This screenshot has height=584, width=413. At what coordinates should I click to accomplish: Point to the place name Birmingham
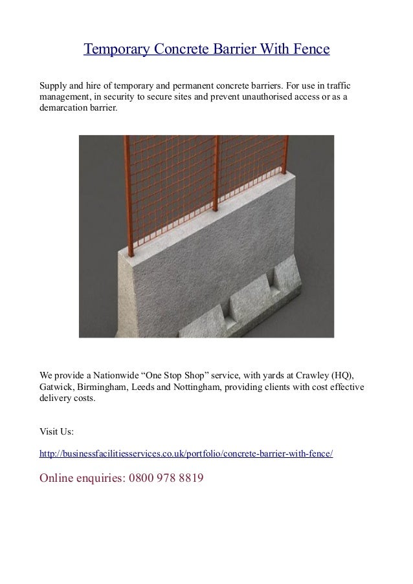coord(103,387)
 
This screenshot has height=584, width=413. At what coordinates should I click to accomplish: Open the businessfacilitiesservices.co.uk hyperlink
coord(186,455)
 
